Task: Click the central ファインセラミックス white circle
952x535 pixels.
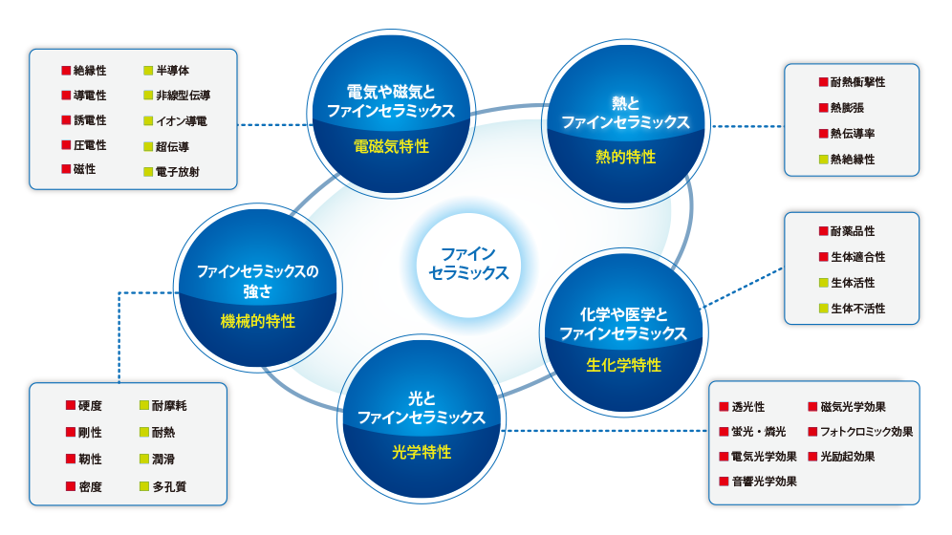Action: (x=468, y=265)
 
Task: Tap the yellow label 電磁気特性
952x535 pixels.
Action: (x=392, y=146)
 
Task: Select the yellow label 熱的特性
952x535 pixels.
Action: (x=626, y=157)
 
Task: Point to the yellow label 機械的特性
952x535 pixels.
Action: (x=258, y=321)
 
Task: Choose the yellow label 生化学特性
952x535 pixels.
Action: (x=623, y=365)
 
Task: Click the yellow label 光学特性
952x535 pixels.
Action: (x=422, y=452)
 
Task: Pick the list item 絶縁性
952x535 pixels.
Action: (x=90, y=71)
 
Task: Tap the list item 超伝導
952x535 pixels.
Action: (x=172, y=147)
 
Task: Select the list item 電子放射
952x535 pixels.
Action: (x=177, y=172)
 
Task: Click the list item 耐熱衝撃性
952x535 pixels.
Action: (x=858, y=82)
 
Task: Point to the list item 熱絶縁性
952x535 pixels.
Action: (x=853, y=160)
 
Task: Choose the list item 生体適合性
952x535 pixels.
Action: (x=858, y=257)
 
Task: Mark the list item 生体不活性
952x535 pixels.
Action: (x=858, y=309)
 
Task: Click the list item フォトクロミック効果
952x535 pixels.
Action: (x=866, y=432)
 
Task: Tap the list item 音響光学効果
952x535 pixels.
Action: (x=765, y=481)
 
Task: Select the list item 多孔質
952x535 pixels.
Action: (x=169, y=486)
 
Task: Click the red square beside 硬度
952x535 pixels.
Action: (x=71, y=405)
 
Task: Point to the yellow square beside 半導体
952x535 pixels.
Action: (x=148, y=71)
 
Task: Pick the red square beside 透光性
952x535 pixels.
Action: (x=724, y=406)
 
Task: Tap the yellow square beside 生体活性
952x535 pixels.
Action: (x=823, y=283)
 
